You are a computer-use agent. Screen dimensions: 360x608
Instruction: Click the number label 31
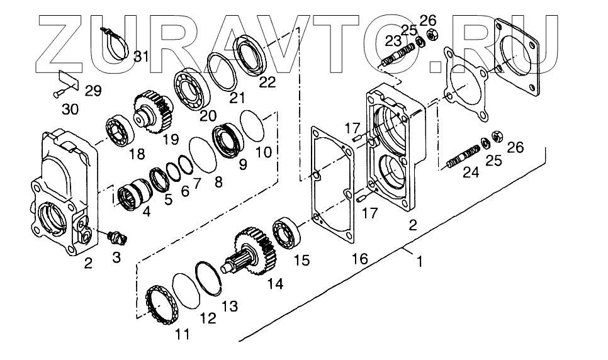(x=141, y=57)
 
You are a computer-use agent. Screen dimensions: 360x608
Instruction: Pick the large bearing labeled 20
(x=192, y=87)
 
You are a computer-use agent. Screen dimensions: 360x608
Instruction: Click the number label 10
(x=264, y=153)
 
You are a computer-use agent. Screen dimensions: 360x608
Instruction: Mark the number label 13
(x=230, y=306)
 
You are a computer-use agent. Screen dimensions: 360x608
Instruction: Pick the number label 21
(x=236, y=97)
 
